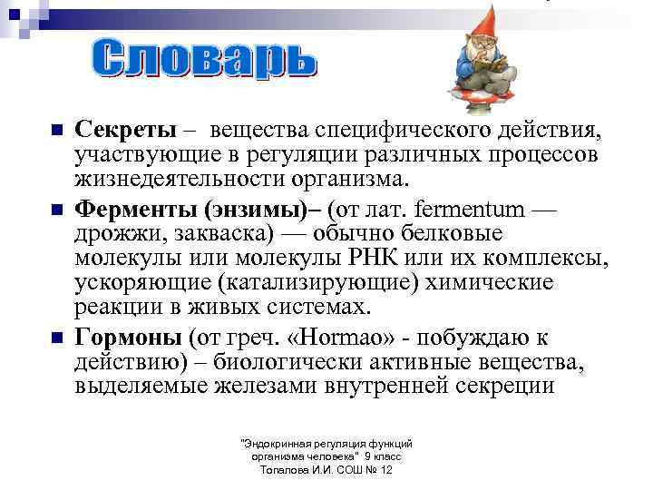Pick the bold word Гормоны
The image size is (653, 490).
click(129, 338)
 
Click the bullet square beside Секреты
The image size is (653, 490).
click(56, 132)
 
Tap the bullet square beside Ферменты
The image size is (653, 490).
click(56, 210)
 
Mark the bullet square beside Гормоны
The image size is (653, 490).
click(56, 338)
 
